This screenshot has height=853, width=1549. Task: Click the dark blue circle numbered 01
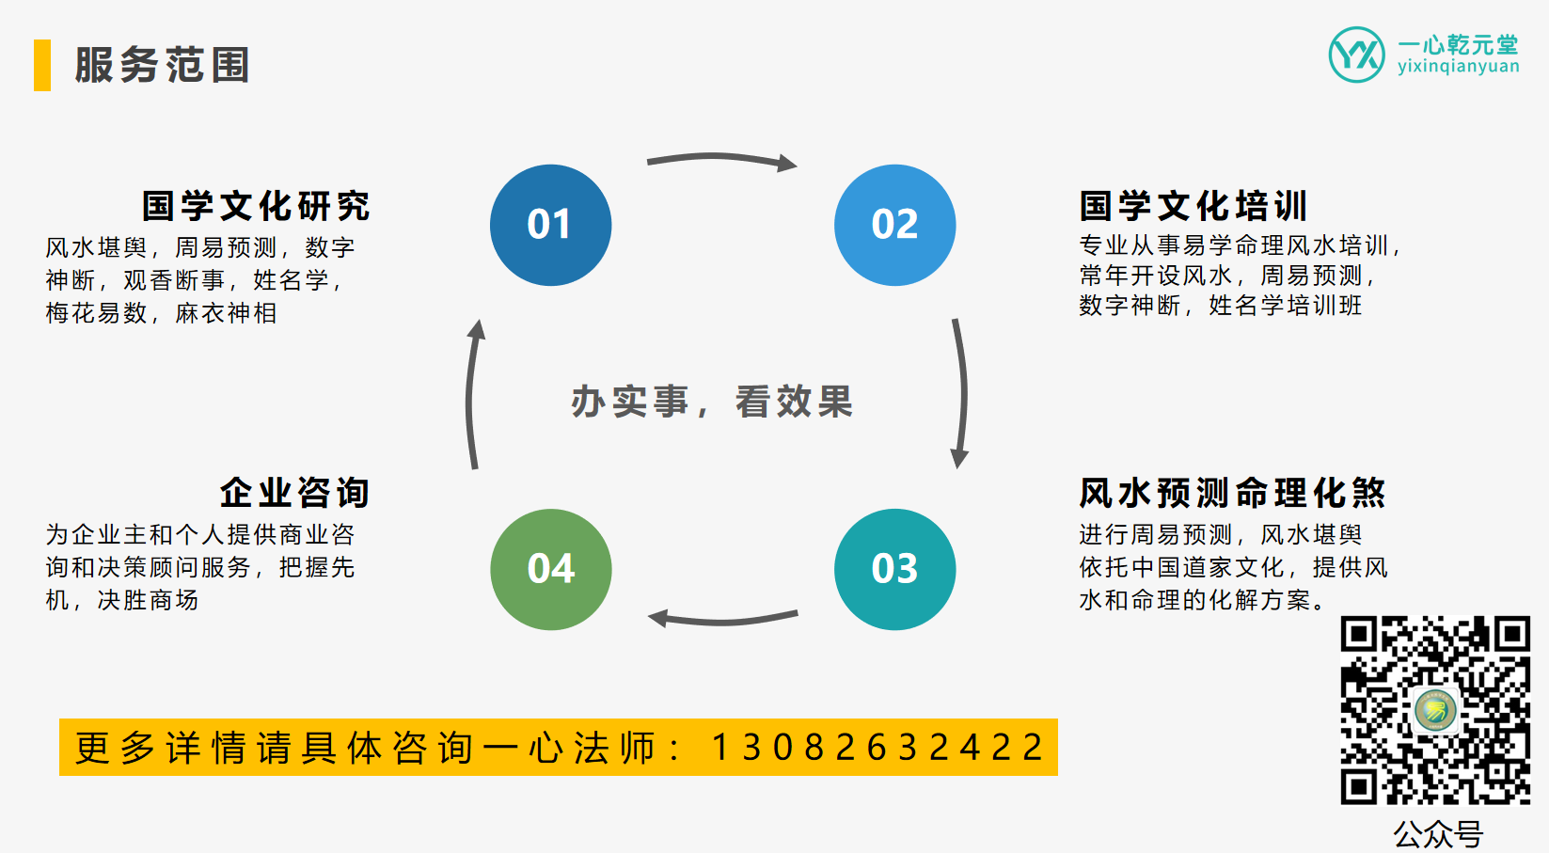click(550, 225)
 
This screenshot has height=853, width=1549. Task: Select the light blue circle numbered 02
click(894, 225)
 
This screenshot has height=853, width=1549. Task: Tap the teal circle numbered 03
click(894, 569)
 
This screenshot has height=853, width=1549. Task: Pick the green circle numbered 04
click(550, 569)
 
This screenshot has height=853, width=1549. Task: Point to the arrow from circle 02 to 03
click(961, 393)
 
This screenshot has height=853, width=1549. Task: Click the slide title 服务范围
click(162, 65)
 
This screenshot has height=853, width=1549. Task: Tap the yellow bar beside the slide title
click(41, 65)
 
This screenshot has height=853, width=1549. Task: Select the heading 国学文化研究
click(256, 206)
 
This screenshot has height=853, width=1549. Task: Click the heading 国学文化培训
click(1193, 206)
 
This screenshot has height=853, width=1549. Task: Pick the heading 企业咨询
click(294, 493)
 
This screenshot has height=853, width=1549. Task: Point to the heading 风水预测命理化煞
click(1232, 493)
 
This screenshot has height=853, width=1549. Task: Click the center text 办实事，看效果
click(712, 402)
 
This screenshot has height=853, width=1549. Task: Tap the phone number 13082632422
click(877, 748)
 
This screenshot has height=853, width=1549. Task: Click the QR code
click(1435, 710)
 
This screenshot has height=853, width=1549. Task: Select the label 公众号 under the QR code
click(1438, 833)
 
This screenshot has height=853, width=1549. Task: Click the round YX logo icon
click(1356, 55)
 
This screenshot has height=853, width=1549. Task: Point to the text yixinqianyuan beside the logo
click(1458, 67)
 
